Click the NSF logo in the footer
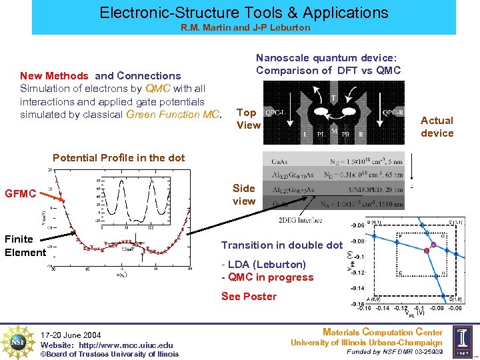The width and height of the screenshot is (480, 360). [19, 341]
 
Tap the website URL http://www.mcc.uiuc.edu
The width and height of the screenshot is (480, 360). [107, 345]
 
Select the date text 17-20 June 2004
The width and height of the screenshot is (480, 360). [71, 335]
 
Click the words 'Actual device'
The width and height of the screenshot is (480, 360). [437, 127]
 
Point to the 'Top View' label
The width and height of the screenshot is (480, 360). [248, 119]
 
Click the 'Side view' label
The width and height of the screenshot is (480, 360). [244, 195]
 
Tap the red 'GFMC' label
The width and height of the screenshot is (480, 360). [20, 194]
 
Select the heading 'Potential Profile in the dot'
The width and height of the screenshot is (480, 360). [109, 157]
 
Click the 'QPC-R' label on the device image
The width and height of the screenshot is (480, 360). [392, 112]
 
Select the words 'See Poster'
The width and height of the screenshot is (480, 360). [249, 296]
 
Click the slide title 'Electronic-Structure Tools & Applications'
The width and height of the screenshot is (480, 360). [243, 12]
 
